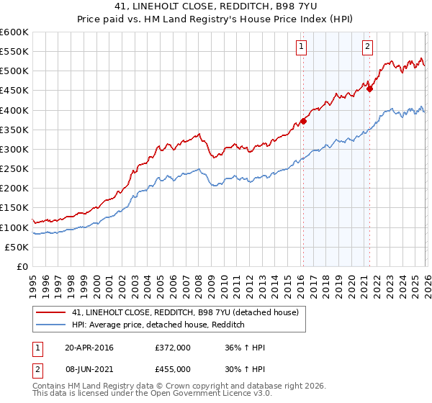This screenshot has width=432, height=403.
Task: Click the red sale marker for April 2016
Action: point(303,121)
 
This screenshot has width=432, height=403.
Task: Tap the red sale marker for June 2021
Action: point(369,89)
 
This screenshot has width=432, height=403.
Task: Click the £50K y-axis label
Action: point(17,247)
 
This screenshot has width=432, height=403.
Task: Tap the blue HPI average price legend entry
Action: point(158,325)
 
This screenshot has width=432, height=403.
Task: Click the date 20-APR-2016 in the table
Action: point(89,348)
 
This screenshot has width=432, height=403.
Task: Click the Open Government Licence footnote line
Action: point(151,394)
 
